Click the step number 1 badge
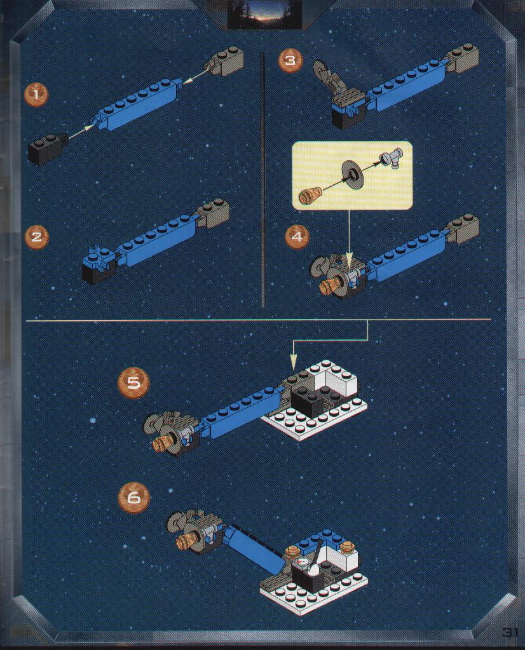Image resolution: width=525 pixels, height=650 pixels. pos(36,95)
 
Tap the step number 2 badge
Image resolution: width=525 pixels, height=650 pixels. pos(36,237)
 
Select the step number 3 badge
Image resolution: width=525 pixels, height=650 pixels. pos(290,60)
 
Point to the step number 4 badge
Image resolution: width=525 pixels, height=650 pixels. pos(297,237)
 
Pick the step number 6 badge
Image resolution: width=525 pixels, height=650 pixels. pos(133,497)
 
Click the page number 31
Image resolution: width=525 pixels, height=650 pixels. pos(510,632)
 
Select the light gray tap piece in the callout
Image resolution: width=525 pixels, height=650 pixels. pos(392,158)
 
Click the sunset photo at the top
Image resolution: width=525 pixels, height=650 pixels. pos(265,15)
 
